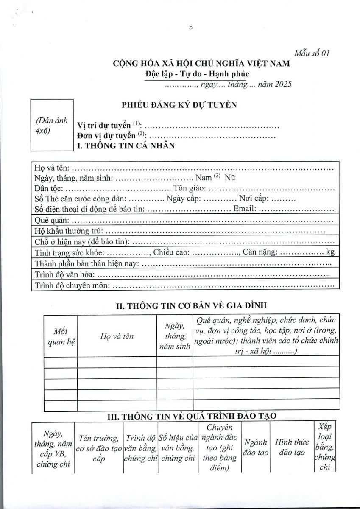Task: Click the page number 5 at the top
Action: tap(191, 27)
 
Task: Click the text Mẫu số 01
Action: tap(312, 53)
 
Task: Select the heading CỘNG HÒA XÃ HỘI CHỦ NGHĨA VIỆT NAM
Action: tap(201, 64)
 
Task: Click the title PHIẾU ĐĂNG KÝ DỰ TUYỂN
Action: tap(179, 105)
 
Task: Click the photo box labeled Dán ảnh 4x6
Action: tap(52, 125)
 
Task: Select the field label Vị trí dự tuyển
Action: tap(104, 126)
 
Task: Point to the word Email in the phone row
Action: tap(245, 209)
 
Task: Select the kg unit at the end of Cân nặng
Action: tap(330, 252)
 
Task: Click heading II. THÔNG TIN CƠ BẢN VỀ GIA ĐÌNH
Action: tap(192, 305)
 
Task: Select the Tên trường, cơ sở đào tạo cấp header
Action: tap(99, 449)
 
